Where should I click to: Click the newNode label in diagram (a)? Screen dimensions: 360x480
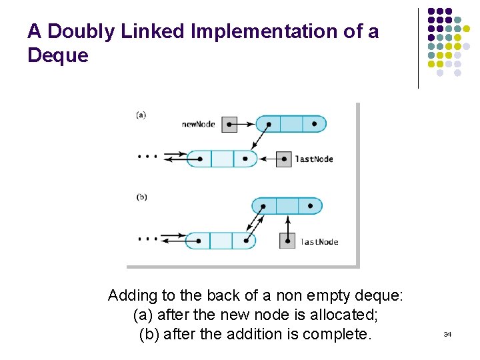(x=198, y=124)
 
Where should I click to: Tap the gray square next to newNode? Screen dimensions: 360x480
(x=229, y=124)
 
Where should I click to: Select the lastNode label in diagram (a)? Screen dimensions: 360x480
(x=314, y=159)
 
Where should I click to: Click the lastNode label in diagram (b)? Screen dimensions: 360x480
(x=319, y=242)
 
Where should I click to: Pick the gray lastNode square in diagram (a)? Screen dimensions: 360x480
(x=284, y=159)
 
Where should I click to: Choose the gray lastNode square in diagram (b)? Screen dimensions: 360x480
(x=287, y=241)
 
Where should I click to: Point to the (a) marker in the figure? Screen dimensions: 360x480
(x=141, y=115)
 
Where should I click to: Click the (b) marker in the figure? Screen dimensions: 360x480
(x=141, y=197)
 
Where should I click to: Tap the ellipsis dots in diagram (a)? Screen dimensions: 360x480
(x=147, y=157)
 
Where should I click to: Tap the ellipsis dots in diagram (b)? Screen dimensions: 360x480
(x=147, y=238)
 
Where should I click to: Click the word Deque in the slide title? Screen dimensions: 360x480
(x=58, y=55)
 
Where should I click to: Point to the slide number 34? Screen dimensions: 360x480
(x=447, y=334)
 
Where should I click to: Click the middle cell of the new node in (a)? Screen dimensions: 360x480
(x=291, y=124)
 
